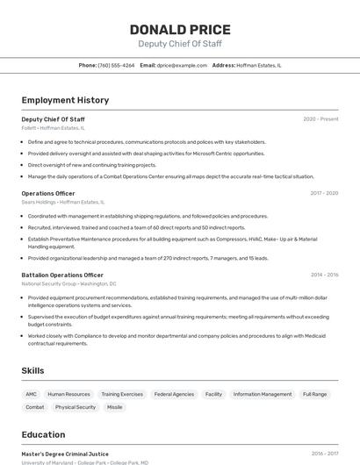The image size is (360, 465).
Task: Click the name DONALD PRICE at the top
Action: click(180, 30)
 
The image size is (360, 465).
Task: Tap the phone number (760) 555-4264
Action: click(116, 65)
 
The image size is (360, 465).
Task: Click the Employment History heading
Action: click(65, 101)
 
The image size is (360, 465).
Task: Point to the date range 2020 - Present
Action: click(320, 119)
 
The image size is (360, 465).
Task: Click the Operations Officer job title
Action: click(48, 193)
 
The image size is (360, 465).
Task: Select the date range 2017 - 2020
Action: click(324, 193)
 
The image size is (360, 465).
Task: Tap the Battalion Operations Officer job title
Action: click(62, 275)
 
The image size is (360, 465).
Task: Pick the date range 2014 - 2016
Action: click(324, 275)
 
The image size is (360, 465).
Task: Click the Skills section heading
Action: click(32, 371)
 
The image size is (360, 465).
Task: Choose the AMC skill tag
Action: click(31, 395)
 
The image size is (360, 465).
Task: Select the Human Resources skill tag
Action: click(68, 395)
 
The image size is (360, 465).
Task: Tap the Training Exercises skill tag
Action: click(122, 395)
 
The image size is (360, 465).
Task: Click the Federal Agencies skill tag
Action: click(174, 395)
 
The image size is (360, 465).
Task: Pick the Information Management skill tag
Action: click(263, 395)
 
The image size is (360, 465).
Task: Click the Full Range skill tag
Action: click(315, 395)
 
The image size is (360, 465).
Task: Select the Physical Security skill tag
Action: click(76, 407)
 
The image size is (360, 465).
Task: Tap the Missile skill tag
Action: click(115, 407)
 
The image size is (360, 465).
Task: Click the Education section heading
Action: click(43, 435)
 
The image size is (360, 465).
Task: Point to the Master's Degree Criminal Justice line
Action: click(65, 454)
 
